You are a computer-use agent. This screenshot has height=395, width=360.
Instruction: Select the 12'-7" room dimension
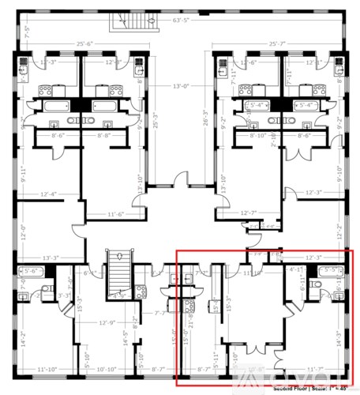point(249,212)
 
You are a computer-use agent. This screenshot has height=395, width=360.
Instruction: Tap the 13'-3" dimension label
point(51,257)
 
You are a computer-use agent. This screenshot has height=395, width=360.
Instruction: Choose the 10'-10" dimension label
point(107,369)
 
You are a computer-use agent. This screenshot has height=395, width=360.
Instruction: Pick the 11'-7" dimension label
point(315,369)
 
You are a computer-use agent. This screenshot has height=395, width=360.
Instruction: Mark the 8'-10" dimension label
point(257,136)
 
